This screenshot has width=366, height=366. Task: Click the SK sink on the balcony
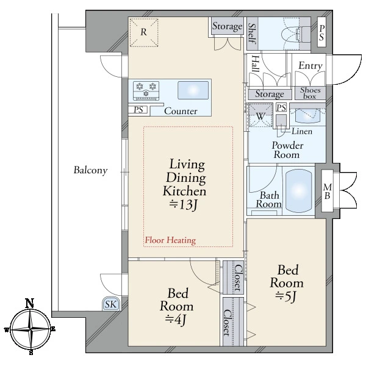coord(111,304)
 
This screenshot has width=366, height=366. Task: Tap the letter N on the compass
coord(30,303)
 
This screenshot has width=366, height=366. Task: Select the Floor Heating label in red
coord(170,240)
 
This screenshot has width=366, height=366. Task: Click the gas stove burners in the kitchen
coord(146,90)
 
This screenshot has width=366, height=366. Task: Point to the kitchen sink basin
coord(193,90)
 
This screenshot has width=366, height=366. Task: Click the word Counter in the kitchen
coord(181,111)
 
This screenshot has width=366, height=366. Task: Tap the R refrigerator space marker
coord(144,33)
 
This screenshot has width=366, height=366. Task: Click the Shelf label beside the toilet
coord(253,33)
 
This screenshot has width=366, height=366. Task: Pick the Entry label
coord(310,66)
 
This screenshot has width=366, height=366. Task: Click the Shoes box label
coord(310,93)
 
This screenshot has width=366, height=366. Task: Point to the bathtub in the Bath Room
coord(298,191)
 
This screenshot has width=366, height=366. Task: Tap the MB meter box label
coord(328,192)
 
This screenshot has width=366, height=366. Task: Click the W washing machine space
coord(260,115)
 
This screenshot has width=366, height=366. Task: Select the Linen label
coord(302,131)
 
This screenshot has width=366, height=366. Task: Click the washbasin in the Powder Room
coord(307,116)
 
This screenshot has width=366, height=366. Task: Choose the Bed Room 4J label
coord(176,306)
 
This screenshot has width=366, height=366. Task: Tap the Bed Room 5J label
coord(287,283)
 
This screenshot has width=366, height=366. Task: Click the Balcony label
coord(90,170)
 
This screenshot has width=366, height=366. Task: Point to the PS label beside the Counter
coord(138,110)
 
